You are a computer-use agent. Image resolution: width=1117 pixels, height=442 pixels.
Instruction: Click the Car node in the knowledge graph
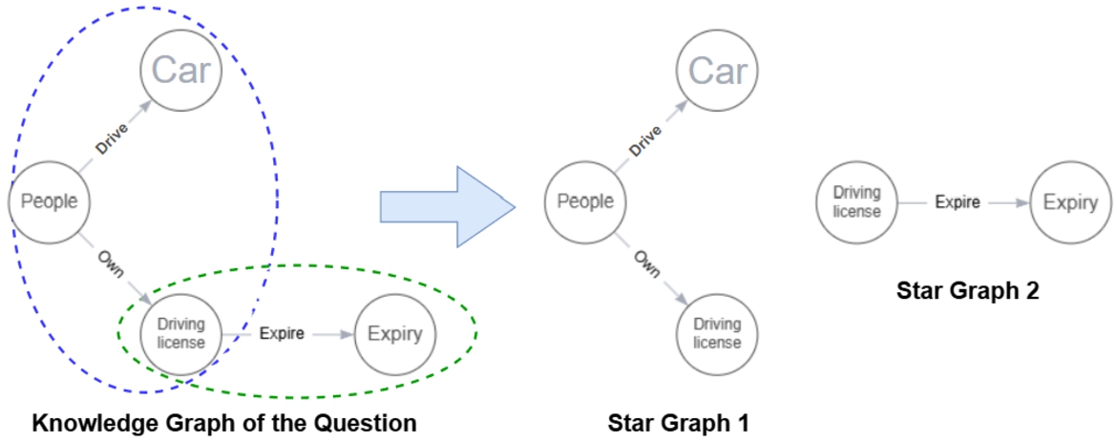click(181, 70)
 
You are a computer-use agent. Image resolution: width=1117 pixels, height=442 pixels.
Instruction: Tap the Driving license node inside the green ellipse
click(180, 334)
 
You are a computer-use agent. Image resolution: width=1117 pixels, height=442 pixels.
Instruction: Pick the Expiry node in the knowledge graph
click(394, 334)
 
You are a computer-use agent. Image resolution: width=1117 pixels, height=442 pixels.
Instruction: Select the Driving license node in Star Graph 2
click(856, 202)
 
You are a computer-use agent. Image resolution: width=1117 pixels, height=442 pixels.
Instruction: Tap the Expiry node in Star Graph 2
click(1070, 202)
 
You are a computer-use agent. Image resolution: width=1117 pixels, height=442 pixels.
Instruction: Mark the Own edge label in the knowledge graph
click(111, 264)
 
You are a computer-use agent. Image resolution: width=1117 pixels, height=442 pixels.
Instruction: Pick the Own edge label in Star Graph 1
click(646, 264)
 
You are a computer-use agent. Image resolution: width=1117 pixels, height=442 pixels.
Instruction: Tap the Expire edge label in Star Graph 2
click(957, 202)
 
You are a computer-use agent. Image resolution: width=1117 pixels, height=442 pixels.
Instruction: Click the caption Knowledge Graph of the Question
click(224, 423)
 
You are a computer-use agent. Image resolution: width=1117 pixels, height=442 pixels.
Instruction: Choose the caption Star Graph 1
click(679, 423)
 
